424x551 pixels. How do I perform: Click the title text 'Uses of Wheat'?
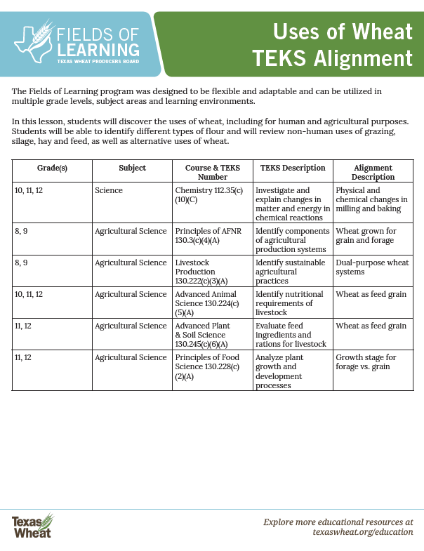pos(342,32)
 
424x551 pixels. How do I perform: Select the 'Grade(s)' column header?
pos(52,168)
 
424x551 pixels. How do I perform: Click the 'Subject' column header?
pos(132,168)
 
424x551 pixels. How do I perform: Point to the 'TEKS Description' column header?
pos(293,168)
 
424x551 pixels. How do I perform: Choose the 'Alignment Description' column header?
pos(373,173)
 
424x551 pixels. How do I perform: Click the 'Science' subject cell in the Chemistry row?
pos(109,190)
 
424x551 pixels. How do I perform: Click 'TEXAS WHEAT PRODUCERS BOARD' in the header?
pos(98,62)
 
